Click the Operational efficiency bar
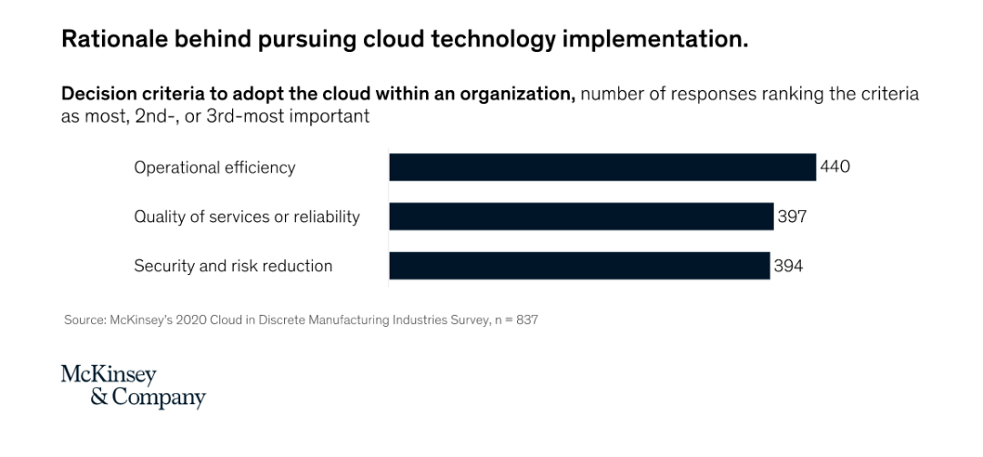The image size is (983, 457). (x=603, y=168)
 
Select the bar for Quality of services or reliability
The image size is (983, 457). (x=581, y=217)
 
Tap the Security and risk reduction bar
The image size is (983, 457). (x=579, y=265)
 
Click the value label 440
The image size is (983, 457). (x=835, y=168)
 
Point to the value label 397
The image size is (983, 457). (x=792, y=217)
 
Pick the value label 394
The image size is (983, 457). (x=788, y=265)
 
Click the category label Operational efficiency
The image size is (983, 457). (x=215, y=168)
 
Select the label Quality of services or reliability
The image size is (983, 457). (x=247, y=217)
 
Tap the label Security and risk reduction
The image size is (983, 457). (x=233, y=266)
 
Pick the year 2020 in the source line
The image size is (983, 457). (x=190, y=320)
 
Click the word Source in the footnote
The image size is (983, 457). (x=85, y=320)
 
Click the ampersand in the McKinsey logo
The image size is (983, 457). (x=100, y=398)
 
